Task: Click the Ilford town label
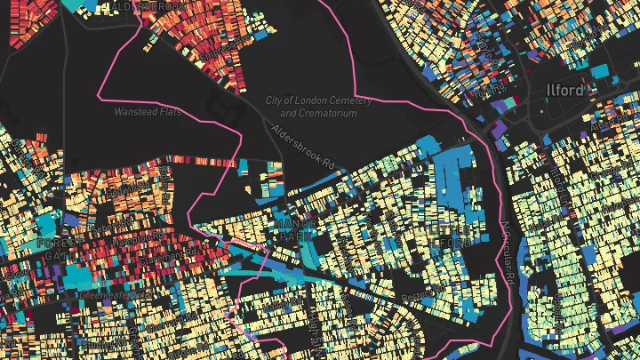click(x=565, y=91)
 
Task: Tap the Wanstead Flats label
click(x=144, y=112)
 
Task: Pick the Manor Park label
click(x=292, y=230)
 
